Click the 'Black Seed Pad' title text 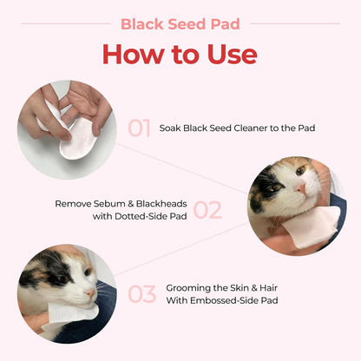coord(180,23)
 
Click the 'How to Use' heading coord(180,54)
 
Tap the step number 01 coord(140,128)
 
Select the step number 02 coord(207,209)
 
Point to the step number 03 coord(141,293)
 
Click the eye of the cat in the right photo coord(274,184)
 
